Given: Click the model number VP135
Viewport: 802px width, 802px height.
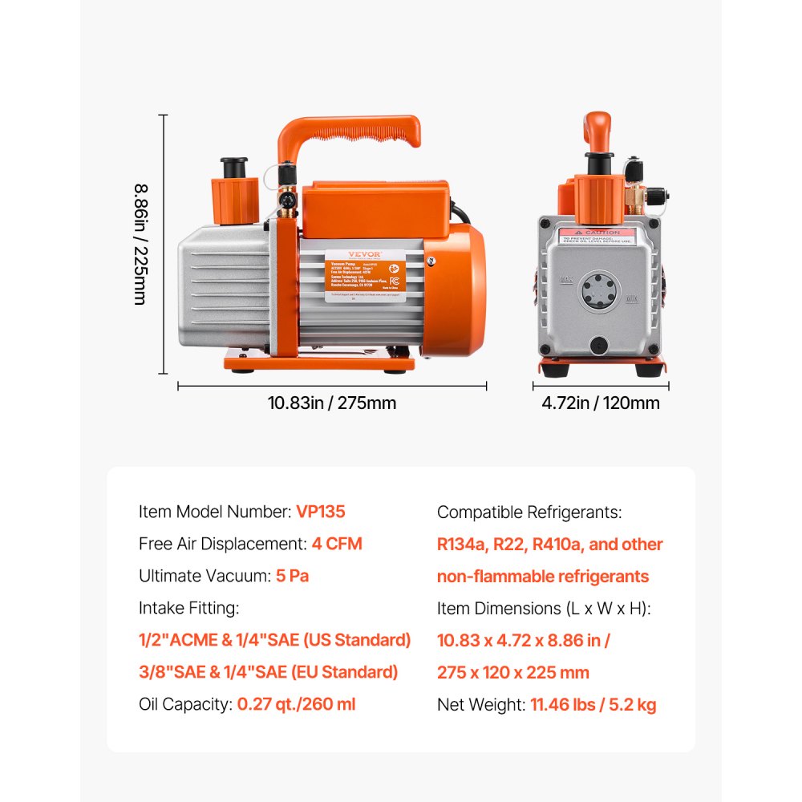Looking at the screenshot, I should (x=321, y=512).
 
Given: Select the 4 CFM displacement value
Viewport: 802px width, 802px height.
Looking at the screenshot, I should (x=337, y=544).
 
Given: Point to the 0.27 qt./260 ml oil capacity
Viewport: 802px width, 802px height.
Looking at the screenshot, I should (x=296, y=704).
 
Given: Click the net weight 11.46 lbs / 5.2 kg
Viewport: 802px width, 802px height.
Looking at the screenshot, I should (x=593, y=705).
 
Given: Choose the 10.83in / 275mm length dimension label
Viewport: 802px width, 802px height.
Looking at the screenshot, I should (x=331, y=403).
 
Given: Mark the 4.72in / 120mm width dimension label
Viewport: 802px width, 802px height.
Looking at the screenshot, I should (x=600, y=403).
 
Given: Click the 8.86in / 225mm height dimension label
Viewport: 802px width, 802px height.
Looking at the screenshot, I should (x=140, y=244).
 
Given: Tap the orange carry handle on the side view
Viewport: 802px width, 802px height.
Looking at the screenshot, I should (x=349, y=132).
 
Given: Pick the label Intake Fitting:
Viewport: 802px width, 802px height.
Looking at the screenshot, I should (x=189, y=608).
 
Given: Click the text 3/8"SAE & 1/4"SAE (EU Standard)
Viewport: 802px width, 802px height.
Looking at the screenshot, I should (x=268, y=672).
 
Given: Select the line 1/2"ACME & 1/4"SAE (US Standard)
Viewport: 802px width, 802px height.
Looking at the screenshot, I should (x=274, y=640).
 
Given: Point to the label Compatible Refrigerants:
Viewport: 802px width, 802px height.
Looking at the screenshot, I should (x=529, y=512).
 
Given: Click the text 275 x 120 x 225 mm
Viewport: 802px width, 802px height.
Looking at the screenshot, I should (x=512, y=672).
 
